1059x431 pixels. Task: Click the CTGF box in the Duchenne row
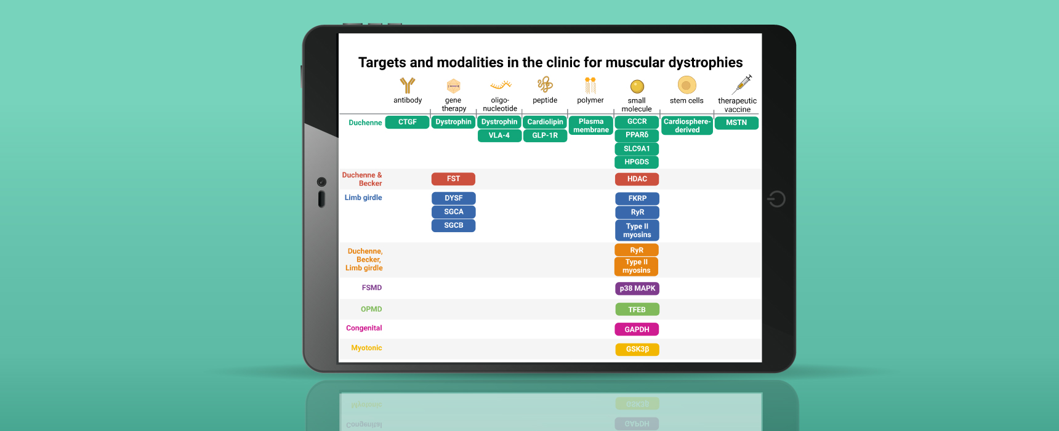pos(407,123)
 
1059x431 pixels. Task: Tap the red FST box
pos(453,179)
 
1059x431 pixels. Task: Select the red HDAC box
pos(637,179)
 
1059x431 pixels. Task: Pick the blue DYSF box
pos(453,198)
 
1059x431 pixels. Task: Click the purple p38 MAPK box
pos(637,288)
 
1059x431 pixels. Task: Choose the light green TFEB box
pos(637,310)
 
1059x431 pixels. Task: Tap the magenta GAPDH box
pos(637,329)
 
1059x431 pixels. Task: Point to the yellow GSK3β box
pos(637,350)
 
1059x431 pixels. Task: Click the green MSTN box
pos(736,123)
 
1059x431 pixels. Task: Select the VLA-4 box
pos(499,135)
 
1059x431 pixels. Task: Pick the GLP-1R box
pos(545,135)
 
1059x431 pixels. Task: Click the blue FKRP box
pos(637,199)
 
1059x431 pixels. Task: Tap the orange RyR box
pos(637,250)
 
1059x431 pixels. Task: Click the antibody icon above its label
pos(408,85)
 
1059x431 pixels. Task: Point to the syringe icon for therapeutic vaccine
pos(743,83)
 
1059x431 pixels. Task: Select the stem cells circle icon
pos(687,85)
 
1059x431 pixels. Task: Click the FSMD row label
pos(372,288)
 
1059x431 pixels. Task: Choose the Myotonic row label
pos(366,348)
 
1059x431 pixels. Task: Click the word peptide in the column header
pos(545,100)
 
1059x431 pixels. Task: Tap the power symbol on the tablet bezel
pos(776,199)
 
